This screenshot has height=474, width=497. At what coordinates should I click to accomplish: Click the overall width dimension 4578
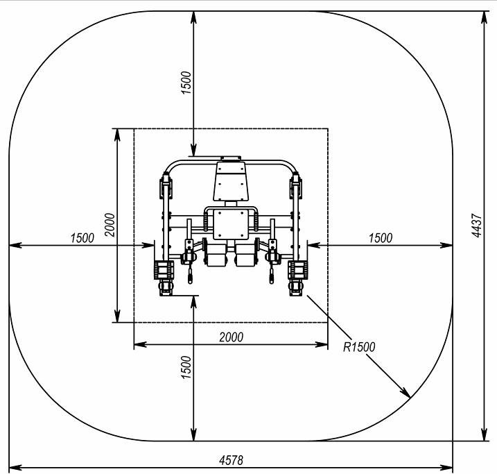tap(231, 459)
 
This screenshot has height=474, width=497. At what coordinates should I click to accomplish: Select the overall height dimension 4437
tap(476, 226)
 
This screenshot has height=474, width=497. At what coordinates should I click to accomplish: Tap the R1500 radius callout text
tap(359, 347)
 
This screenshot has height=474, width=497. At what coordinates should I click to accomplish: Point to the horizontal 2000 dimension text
tap(232, 337)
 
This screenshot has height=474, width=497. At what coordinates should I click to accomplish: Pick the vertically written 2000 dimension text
tap(110, 225)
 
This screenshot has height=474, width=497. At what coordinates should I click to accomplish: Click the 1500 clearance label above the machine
tap(186, 83)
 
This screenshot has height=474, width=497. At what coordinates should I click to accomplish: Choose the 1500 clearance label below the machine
tap(186, 367)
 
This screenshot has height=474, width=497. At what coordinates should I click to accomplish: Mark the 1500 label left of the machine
tap(82, 237)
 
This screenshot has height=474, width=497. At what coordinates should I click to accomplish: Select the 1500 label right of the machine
tap(381, 237)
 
